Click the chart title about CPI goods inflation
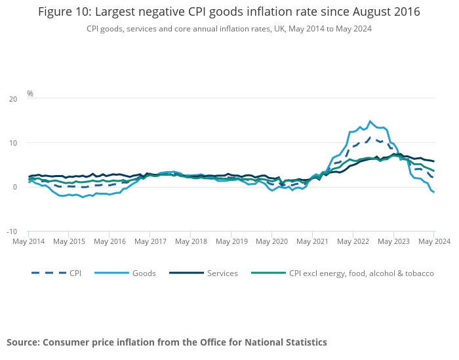229,12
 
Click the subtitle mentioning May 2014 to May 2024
229,29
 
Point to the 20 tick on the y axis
13,99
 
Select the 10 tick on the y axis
13,143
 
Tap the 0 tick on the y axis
15,188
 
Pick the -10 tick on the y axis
12,231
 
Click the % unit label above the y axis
30,94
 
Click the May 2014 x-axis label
28,241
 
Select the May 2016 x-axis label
110,241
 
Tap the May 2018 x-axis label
191,241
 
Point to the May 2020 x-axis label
271,241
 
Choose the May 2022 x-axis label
353,241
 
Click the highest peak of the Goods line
370,121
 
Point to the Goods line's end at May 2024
433,192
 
